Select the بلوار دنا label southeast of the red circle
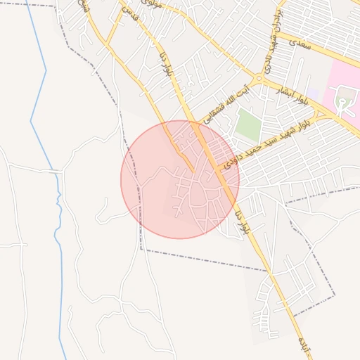pyautogui.click(x=244, y=219)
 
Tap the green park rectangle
pyautogui.click(x=247, y=124)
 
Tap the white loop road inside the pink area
pyautogui.click(x=342, y=103)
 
